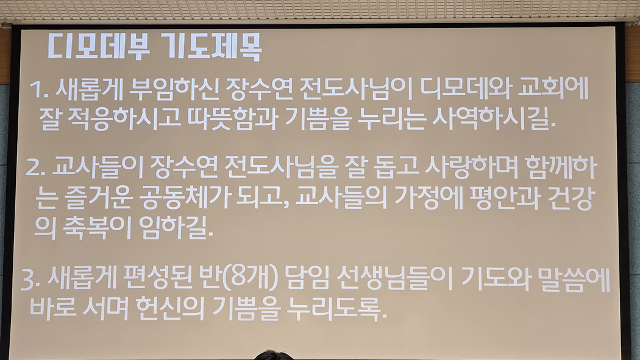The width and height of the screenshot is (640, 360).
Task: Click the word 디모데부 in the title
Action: (99, 46)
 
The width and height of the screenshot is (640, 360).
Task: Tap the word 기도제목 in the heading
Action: (211, 46)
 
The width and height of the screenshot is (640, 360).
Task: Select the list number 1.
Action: (39, 90)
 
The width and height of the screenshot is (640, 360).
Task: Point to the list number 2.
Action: (36, 167)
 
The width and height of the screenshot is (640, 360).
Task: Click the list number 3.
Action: (30, 280)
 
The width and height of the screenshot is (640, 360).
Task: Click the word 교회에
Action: (553, 88)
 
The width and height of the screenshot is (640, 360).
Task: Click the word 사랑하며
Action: (471, 167)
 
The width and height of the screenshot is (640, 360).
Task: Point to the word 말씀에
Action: (574, 280)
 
